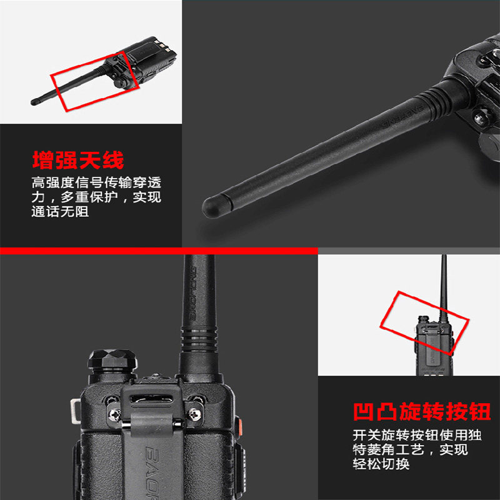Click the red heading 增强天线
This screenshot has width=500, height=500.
[77, 160]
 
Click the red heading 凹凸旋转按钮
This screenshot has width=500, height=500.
[421, 412]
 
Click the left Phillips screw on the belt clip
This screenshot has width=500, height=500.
[115, 415]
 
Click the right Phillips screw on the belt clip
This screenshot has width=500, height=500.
[195, 414]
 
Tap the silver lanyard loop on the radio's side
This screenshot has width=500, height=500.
[76, 411]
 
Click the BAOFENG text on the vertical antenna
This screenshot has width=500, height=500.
[192, 293]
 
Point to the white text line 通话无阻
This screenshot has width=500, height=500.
[60, 211]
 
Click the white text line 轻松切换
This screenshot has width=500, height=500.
[381, 464]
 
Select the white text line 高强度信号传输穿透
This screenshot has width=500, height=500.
[96, 182]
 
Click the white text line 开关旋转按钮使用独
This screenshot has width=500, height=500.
[417, 435]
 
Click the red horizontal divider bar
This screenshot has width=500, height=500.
[159, 251]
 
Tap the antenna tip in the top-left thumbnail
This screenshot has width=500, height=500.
[34, 102]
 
